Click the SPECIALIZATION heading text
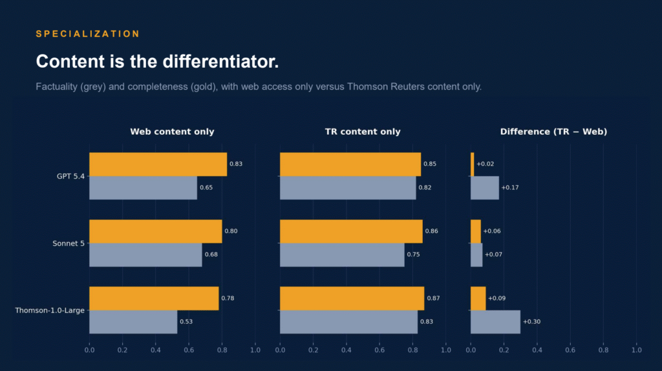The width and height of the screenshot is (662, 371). (88, 34)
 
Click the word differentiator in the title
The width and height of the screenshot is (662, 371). (220, 61)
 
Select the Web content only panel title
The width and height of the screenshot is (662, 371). (172, 132)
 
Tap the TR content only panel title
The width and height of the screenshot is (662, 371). (363, 132)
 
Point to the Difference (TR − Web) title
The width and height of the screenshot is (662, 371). (553, 132)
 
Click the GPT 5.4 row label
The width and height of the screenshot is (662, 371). (70, 176)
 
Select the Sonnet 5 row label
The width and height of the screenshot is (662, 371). (69, 243)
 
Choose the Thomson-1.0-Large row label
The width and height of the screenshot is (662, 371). (50, 310)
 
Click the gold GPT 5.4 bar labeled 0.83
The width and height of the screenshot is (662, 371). (158, 165)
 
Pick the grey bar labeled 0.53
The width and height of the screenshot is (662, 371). (133, 322)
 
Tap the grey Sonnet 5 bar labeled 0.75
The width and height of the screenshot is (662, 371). (342, 255)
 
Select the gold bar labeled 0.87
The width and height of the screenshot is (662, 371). (352, 299)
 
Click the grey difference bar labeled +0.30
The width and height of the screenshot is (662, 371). (496, 322)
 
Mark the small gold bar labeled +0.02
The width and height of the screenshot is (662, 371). (473, 165)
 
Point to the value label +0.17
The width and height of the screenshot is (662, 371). (510, 188)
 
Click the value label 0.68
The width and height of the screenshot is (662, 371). (211, 255)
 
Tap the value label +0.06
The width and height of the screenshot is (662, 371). (492, 231)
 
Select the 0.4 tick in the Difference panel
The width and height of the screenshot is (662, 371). (537, 350)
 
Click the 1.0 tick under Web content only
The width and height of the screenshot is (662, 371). (255, 350)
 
